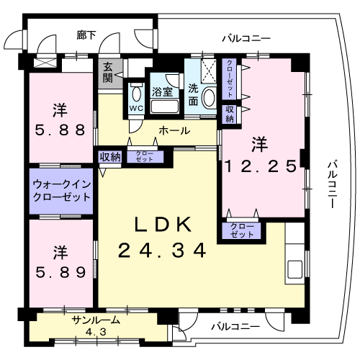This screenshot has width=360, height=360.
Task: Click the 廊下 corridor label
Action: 86,35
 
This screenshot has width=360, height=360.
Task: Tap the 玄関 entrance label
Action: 108,72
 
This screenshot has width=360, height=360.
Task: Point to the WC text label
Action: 136,109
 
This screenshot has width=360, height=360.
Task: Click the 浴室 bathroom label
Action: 163,92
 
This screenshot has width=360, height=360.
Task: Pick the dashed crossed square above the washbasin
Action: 210,71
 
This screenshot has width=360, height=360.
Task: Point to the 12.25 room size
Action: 260,166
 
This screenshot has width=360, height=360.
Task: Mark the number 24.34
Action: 163,251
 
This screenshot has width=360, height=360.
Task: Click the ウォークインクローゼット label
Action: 61,190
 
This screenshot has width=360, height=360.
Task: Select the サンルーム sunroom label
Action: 96,321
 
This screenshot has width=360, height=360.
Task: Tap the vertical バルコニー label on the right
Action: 332,184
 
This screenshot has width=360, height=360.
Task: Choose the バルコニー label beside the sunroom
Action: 235,327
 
